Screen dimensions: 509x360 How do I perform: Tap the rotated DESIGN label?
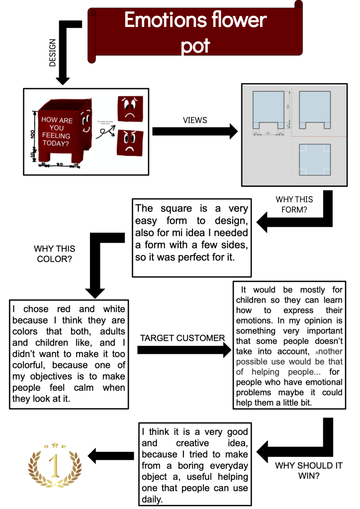(52, 53)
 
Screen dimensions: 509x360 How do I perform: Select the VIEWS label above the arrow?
(195, 120)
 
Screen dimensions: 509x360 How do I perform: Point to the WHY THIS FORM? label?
(294, 204)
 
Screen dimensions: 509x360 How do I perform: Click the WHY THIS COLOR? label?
(55, 254)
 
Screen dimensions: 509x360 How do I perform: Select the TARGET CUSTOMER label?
(182, 338)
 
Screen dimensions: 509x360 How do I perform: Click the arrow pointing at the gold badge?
(110, 453)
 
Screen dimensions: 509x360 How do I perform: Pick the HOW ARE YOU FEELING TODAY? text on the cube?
(56, 132)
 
